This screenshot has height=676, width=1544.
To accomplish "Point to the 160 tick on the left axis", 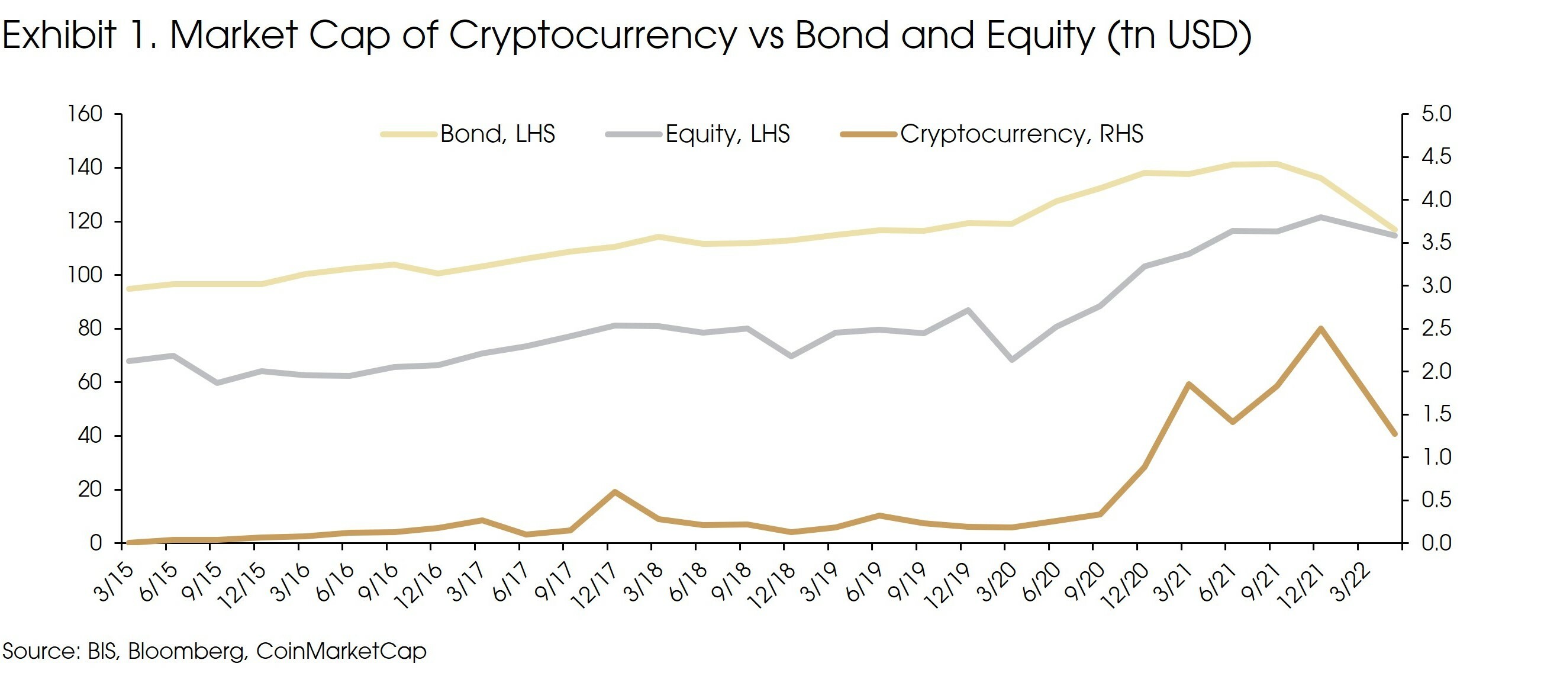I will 86,113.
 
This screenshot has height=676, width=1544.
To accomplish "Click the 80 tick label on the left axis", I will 90,329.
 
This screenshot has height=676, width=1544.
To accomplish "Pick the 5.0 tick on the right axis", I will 1436,113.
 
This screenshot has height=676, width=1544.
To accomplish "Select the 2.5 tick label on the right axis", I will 1436,329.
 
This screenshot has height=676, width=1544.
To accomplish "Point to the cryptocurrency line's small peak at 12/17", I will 614,492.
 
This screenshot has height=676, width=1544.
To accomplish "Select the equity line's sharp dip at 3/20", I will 1013,359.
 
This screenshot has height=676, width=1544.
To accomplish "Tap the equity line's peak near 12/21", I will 1320,217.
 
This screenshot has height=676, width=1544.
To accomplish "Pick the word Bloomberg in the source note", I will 187,651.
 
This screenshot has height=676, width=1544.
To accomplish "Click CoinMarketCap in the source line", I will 341,651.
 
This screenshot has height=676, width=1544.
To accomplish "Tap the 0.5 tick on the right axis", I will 1436,500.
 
